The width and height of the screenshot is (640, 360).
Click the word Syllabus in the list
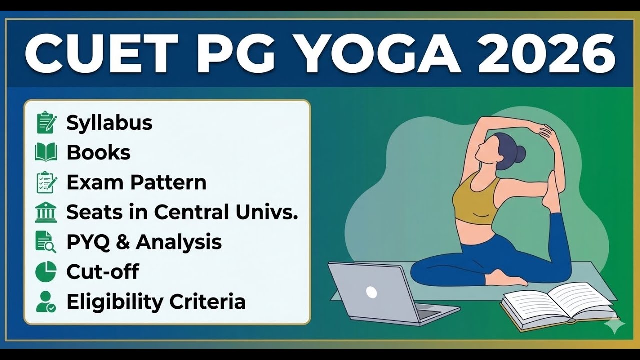point(109,123)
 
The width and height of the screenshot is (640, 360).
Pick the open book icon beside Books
point(46,152)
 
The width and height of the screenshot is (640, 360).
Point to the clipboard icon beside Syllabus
point(46,123)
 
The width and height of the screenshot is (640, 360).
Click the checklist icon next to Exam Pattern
point(46,183)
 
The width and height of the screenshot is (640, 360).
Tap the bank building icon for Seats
point(46,212)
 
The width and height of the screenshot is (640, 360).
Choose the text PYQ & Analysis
point(144,242)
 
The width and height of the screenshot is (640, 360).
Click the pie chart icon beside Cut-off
point(46,272)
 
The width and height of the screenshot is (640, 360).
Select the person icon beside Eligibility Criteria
point(46,302)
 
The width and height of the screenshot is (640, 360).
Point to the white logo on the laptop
point(371,292)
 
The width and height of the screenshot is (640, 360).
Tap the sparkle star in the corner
point(614,325)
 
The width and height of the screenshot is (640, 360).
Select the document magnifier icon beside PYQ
point(46,242)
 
